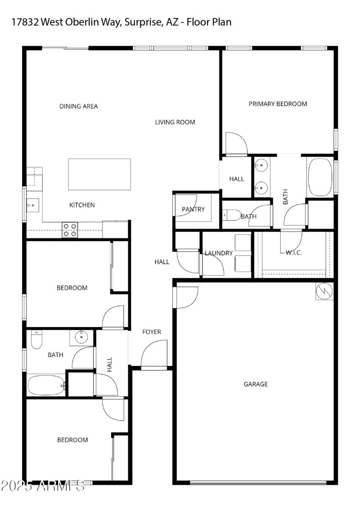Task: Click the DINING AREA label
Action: click(x=79, y=107)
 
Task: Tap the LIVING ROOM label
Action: click(x=175, y=122)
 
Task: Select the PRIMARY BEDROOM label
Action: click(x=278, y=104)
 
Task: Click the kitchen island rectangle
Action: click(x=99, y=174)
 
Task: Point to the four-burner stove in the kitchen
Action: click(x=70, y=230)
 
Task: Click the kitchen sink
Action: click(x=33, y=205)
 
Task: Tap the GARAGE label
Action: click(x=256, y=384)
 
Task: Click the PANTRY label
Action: click(x=193, y=209)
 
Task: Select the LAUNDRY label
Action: click(x=219, y=253)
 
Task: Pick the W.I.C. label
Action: click(x=294, y=253)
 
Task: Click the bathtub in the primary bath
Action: click(x=320, y=177)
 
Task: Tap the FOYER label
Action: click(x=152, y=332)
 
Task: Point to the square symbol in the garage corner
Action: click(x=324, y=292)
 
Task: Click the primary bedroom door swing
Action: click(x=235, y=144)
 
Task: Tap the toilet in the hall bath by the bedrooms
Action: click(x=36, y=340)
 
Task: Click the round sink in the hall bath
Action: click(x=81, y=337)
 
